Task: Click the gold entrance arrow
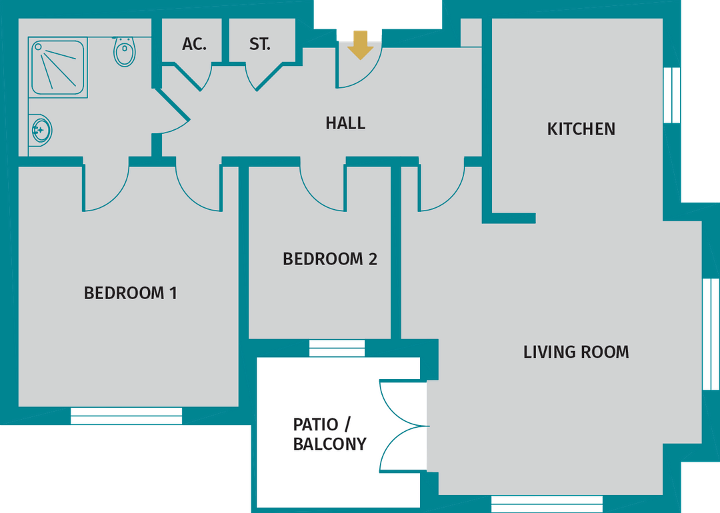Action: (x=360, y=45)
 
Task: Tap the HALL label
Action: (x=345, y=123)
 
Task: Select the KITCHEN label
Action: (x=581, y=129)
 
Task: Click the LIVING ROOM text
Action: (x=576, y=352)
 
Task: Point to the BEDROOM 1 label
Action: (x=131, y=293)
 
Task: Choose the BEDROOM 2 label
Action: (x=330, y=258)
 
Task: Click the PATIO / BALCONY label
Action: (x=329, y=434)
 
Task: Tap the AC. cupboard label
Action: (x=194, y=45)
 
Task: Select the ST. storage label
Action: (x=260, y=45)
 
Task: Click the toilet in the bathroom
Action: (x=125, y=51)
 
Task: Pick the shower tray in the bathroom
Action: (x=58, y=66)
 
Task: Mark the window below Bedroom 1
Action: (x=126, y=415)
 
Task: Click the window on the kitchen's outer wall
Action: (x=672, y=94)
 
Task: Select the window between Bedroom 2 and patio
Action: (x=337, y=348)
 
